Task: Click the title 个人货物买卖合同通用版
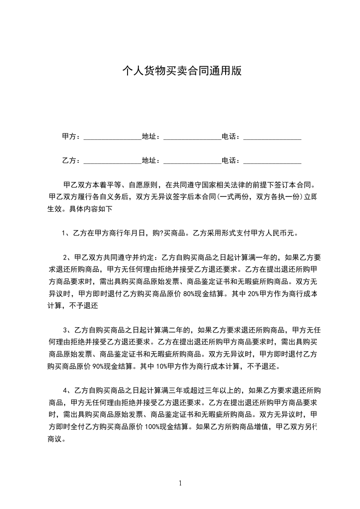click(x=182, y=71)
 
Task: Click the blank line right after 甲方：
click(x=112, y=137)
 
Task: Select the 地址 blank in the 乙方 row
click(x=192, y=161)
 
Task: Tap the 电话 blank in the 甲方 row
click(x=272, y=137)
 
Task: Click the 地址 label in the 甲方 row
click(x=151, y=137)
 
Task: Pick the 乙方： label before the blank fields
click(x=71, y=161)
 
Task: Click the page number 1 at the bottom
click(x=180, y=483)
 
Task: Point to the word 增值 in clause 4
click(x=261, y=426)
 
